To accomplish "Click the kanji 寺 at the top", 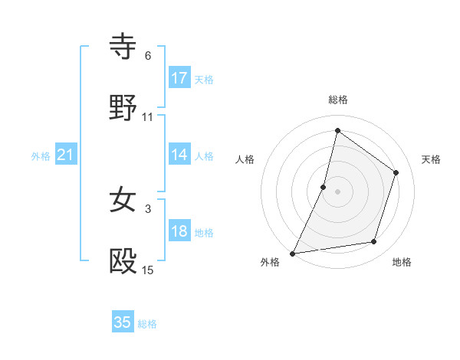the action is pos(123,47).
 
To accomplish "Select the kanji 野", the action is pos(123,109).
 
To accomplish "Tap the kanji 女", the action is pos(123,200).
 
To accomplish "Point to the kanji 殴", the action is pos(123,262).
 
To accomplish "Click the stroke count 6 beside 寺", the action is pos(148,56).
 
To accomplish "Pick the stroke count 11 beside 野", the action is pos(148,117).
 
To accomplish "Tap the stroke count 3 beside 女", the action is pos(148,208).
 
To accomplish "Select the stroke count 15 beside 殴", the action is pos(148,270).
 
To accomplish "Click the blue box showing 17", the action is pos(179,78).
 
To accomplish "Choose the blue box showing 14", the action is pos(179,155).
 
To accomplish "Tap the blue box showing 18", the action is pos(179,231).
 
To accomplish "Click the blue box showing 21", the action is pos(66,155).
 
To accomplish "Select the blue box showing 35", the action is pos(123,322).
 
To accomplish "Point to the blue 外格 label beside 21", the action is pos(41,156).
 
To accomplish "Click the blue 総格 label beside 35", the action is pos(147,324).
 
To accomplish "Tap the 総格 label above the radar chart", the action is pos(338,100).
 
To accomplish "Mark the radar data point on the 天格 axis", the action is pos(396,172).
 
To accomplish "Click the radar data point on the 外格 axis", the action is pos(292,254).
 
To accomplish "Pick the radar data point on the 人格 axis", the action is pos(324,187).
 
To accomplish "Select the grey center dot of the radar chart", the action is pos(338,191).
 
